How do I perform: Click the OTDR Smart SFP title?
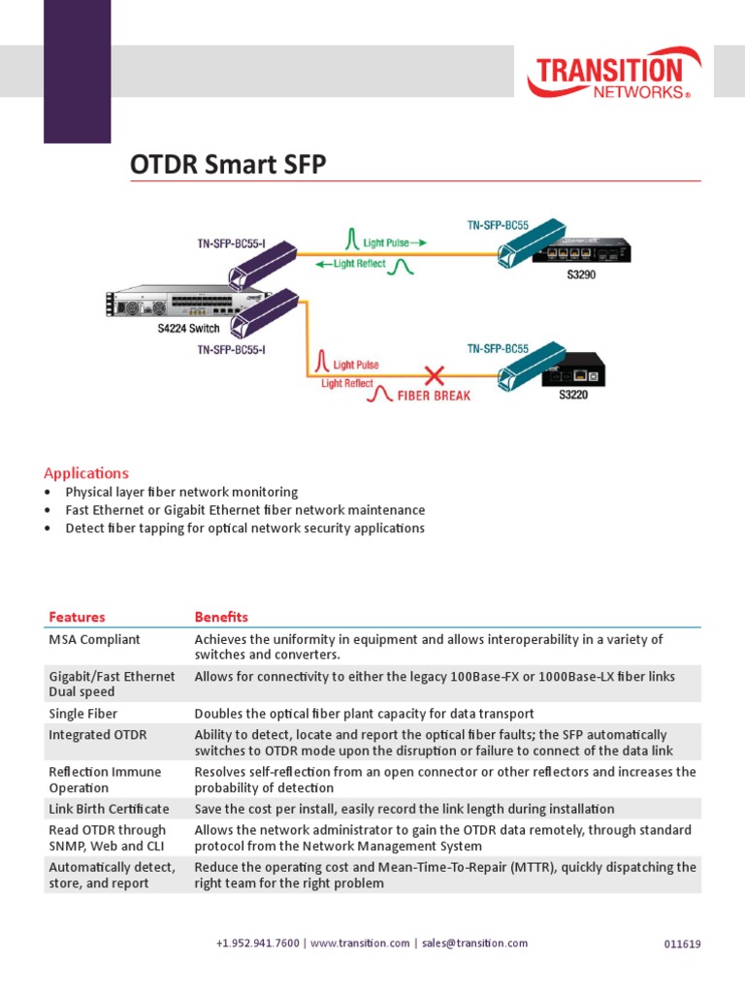tap(228, 165)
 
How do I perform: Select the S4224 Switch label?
tap(188, 329)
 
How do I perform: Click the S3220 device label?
tap(572, 395)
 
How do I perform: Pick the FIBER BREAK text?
tap(433, 396)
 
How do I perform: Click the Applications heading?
tap(86, 473)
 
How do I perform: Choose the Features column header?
tap(77, 617)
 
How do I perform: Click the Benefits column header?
tap(221, 617)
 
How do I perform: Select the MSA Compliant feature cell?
tap(94, 640)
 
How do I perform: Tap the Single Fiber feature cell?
tap(83, 714)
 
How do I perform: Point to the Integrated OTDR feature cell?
tap(97, 735)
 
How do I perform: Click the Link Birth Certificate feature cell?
tap(109, 809)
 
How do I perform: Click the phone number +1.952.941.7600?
tap(258, 944)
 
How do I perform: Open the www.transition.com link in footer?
tap(360, 944)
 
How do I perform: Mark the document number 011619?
tap(682, 945)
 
